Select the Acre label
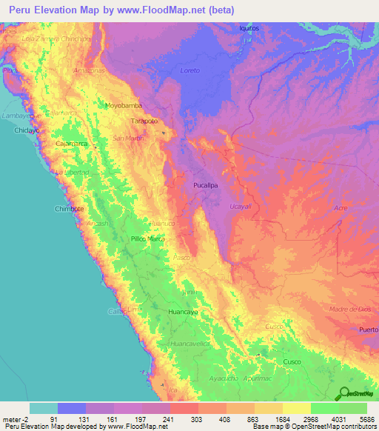pos(341,209)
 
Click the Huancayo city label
pos(184,313)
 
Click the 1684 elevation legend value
pos(283,418)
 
